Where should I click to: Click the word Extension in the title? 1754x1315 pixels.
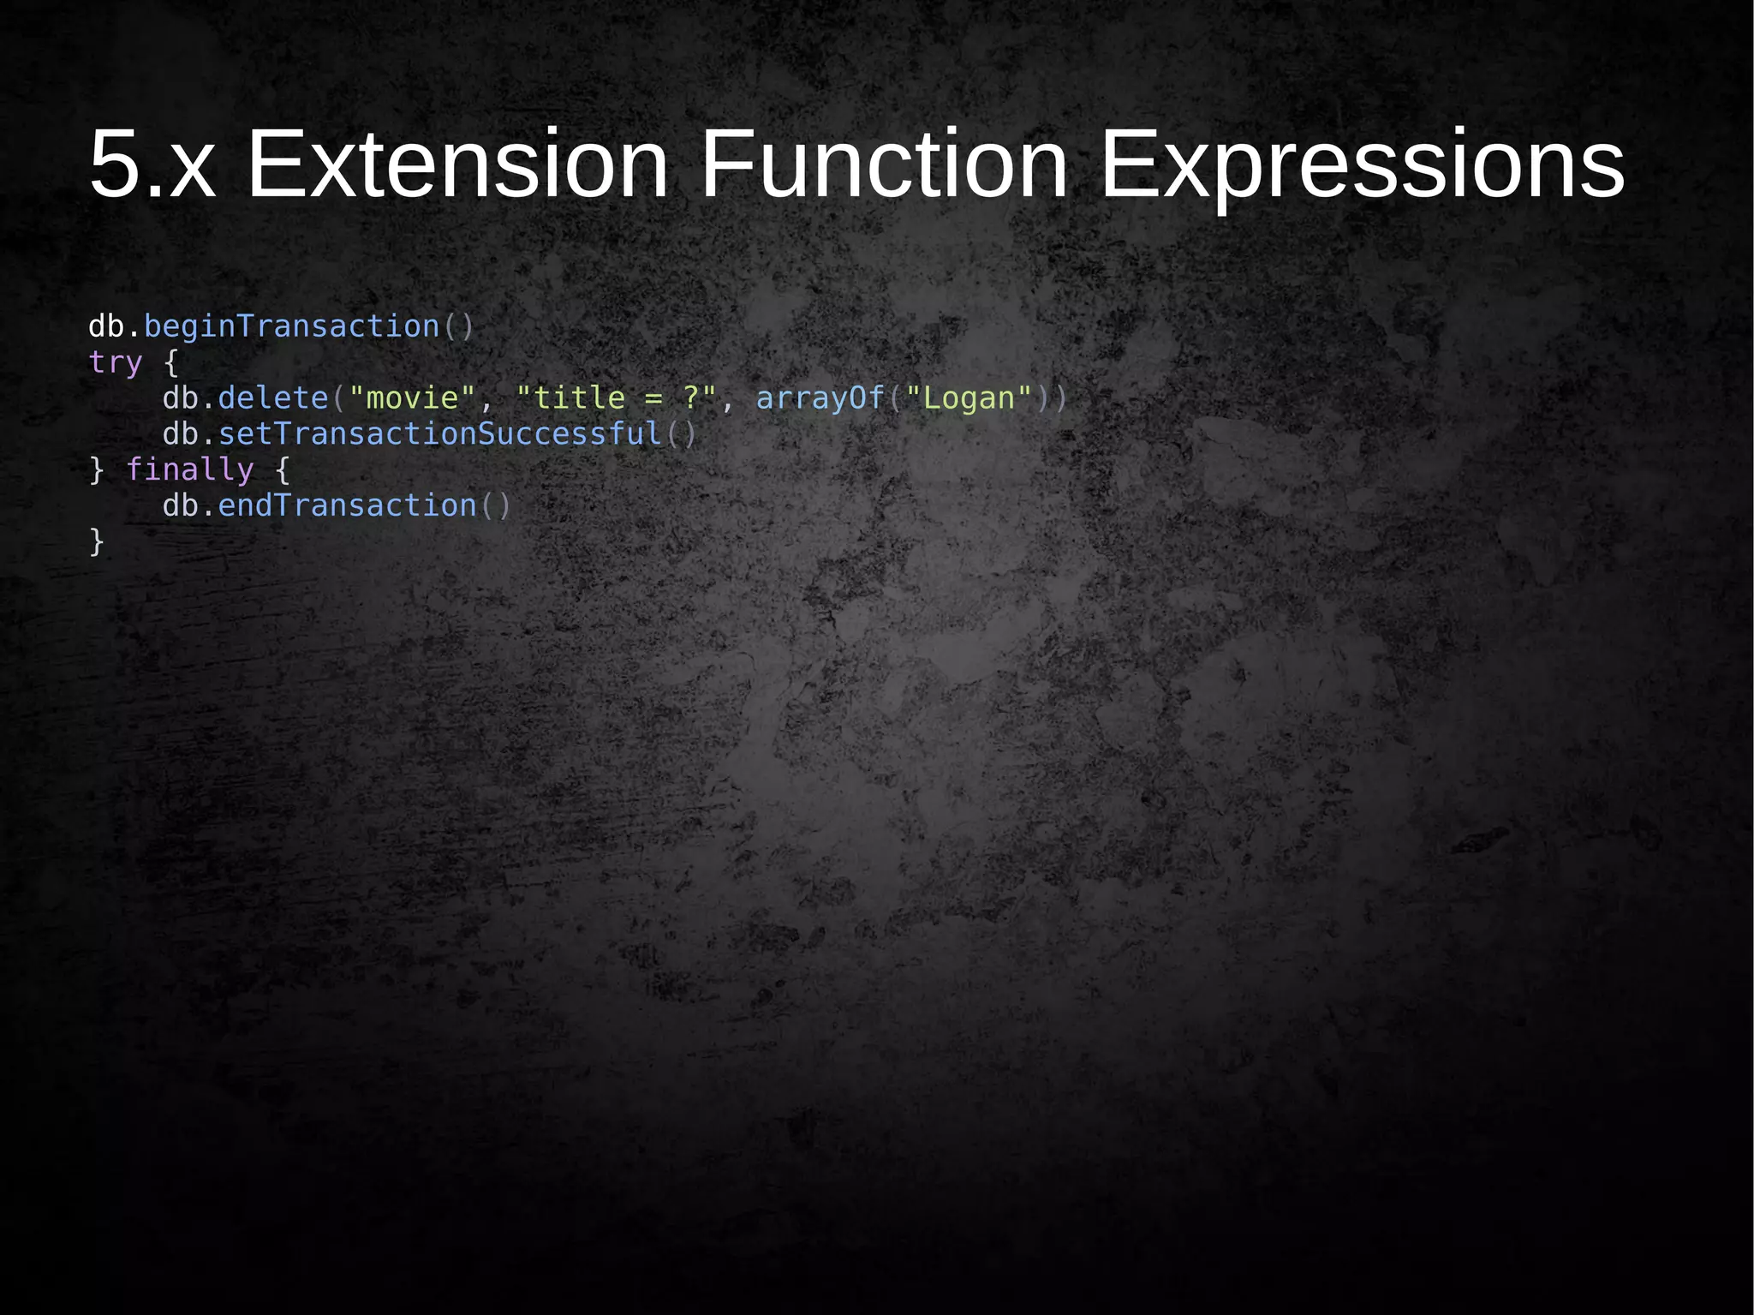click(456, 164)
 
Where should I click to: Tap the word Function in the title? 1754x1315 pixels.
click(884, 164)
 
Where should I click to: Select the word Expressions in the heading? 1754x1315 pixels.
click(1361, 164)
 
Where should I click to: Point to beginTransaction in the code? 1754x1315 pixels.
click(291, 327)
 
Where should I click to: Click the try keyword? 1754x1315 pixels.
click(116, 363)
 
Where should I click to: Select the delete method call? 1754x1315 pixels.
click(273, 398)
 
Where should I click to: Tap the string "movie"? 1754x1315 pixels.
click(412, 398)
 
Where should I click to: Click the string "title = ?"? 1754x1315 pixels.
click(616, 398)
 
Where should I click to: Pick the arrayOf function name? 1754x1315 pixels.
click(820, 398)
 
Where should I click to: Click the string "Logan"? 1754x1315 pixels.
click(968, 398)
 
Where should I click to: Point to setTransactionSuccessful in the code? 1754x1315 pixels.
click(440, 434)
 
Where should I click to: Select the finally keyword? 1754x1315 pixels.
click(189, 470)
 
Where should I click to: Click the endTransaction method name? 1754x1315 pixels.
click(347, 506)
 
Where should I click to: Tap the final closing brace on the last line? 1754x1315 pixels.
click(97, 541)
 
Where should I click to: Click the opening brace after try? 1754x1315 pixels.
click(171, 363)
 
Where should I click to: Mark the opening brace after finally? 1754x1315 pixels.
click(282, 470)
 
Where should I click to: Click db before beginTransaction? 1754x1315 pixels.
click(106, 327)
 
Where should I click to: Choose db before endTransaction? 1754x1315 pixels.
click(180, 506)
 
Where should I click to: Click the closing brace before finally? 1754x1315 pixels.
click(97, 470)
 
